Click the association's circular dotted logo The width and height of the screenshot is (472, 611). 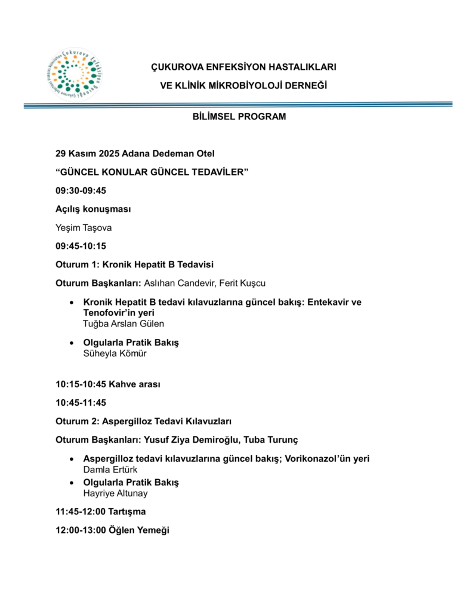75,74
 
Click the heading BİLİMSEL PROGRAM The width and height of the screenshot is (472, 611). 239,117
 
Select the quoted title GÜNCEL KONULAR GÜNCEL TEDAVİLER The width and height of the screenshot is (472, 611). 152,172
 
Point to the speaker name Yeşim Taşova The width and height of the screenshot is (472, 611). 84,227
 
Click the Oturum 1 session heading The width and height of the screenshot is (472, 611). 134,264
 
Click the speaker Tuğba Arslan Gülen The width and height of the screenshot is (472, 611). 124,323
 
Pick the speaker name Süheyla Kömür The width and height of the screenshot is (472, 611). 115,353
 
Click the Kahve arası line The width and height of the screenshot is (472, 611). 107,384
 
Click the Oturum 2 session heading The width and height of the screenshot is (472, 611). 143,421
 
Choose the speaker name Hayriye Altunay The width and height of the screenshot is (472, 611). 115,493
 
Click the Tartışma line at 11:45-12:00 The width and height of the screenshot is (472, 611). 100,511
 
